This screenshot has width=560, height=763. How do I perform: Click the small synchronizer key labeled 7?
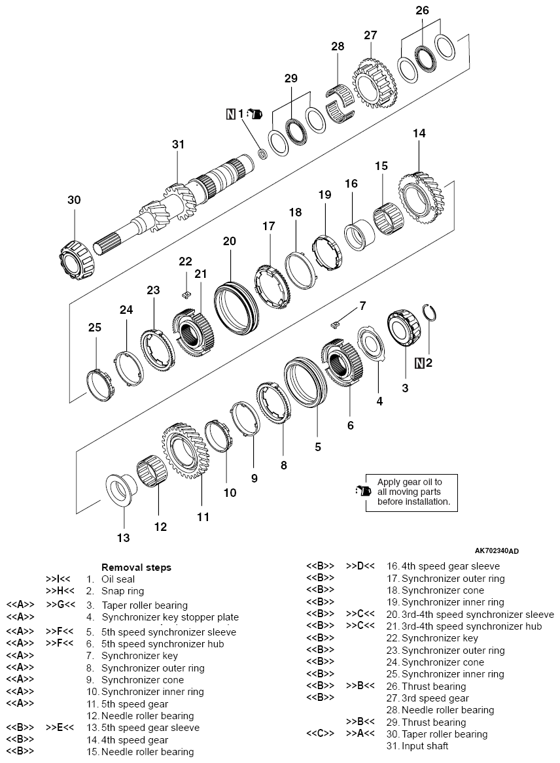coord(337,321)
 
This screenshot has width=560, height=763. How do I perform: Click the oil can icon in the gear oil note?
coord(362,491)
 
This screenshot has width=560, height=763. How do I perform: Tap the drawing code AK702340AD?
coord(502,551)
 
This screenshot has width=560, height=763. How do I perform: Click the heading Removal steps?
coord(136,568)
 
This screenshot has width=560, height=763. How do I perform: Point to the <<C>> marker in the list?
coord(321,734)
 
